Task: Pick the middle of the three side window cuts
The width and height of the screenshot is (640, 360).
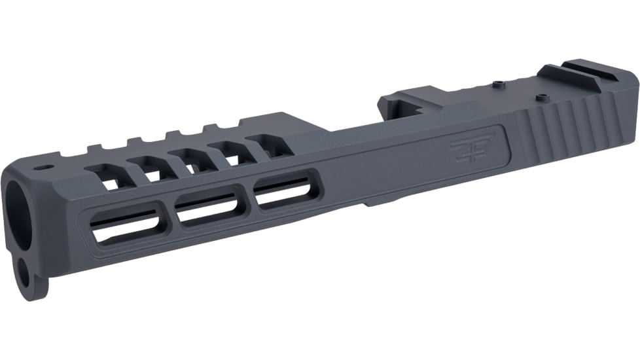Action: click(209, 208)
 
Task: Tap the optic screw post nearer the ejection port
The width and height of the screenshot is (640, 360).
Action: click(500, 83)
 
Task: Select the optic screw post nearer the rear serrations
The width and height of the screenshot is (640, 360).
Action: click(541, 97)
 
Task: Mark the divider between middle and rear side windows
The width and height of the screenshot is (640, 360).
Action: click(247, 201)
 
